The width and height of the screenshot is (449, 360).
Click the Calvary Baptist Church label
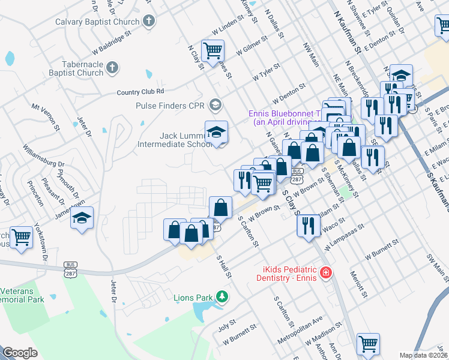[x=97, y=22]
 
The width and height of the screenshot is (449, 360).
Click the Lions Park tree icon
[x=222, y=296]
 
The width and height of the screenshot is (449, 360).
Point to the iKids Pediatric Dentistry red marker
[x=325, y=273]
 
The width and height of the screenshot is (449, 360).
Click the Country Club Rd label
[x=140, y=92]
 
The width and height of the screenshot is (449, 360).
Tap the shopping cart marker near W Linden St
[x=212, y=50]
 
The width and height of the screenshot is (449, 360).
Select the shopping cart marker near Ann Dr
[x=368, y=343]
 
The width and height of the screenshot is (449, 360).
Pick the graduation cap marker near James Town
[x=82, y=217]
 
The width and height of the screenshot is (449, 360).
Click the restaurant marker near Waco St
[x=308, y=226]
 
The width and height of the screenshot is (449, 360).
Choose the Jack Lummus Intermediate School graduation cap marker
[x=217, y=131]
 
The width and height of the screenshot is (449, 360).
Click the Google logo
[x=20, y=353]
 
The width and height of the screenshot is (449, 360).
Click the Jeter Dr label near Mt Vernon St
[x=83, y=128]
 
